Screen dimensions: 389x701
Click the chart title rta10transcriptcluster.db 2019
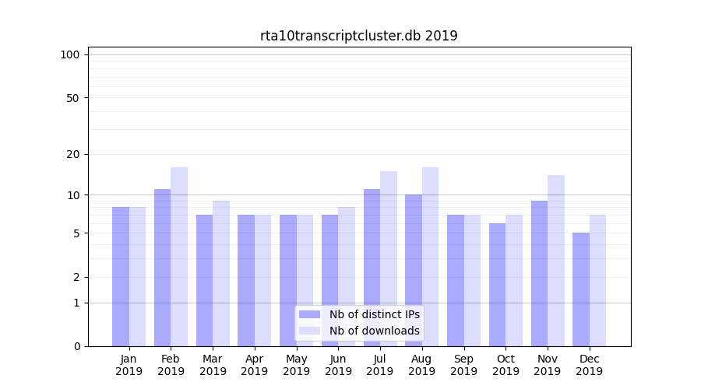click(x=358, y=36)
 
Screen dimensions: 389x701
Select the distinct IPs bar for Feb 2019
click(x=162, y=268)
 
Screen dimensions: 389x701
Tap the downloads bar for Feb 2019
click(x=179, y=257)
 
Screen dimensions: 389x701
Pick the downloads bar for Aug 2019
click(x=430, y=257)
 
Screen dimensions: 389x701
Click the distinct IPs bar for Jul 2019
click(x=372, y=268)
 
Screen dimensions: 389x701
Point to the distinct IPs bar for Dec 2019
click(x=581, y=289)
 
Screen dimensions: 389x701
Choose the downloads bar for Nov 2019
click(x=556, y=261)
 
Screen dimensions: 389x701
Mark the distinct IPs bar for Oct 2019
click(x=497, y=285)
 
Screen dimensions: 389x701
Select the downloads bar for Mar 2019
click(x=221, y=273)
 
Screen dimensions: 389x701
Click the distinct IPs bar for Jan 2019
click(x=121, y=276)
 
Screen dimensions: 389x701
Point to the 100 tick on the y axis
click(x=70, y=54)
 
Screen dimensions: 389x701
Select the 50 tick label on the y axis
click(x=72, y=98)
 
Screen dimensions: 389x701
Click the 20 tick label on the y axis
click(x=72, y=154)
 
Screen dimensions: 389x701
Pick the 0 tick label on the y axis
click(x=76, y=346)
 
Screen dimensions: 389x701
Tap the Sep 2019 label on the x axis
click(x=463, y=365)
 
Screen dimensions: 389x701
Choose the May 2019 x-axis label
click(x=296, y=365)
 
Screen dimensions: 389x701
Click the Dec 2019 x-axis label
click(x=589, y=365)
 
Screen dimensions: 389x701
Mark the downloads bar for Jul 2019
click(x=389, y=258)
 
